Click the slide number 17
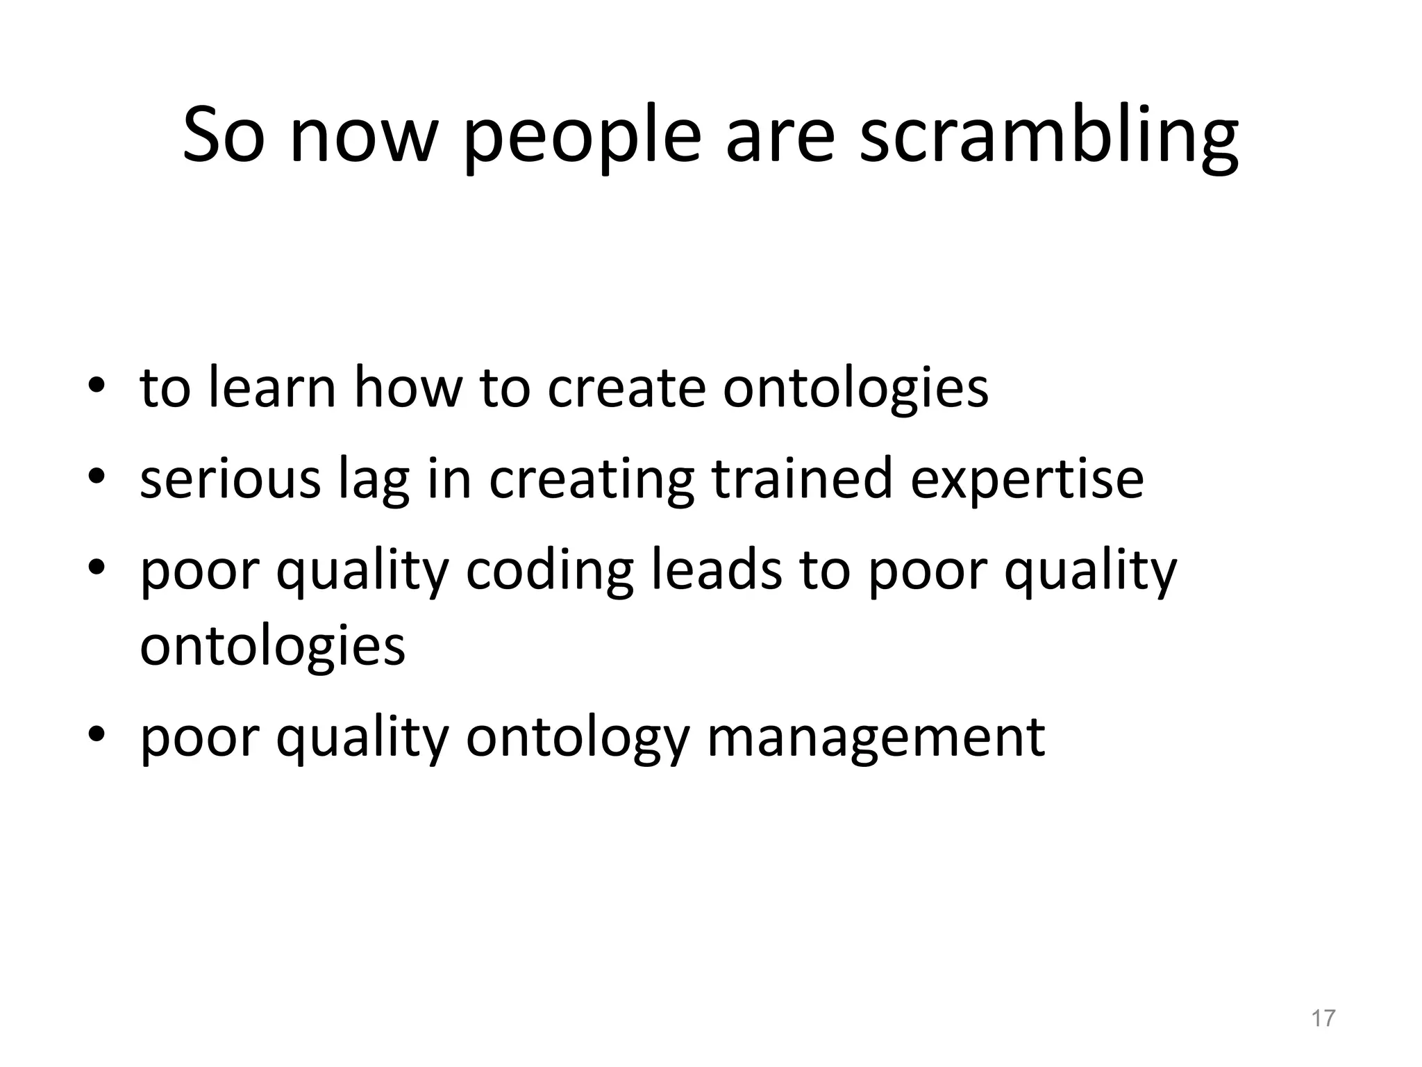(1323, 1018)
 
